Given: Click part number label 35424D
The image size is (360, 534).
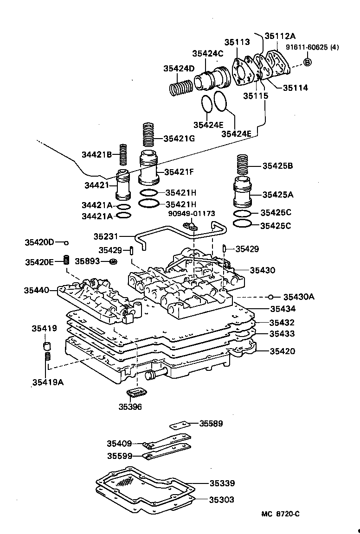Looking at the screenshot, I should coord(179,69).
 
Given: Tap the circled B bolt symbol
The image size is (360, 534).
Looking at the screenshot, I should coord(308,62).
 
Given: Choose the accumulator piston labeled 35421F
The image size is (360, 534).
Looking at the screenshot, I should coord(148,169).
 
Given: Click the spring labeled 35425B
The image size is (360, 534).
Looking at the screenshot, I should coord(243,165).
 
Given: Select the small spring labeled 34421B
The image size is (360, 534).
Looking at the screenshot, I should coord(123,154).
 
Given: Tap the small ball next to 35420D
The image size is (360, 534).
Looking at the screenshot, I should coord(66,242).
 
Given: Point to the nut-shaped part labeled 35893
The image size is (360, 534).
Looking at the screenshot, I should coord(113,262).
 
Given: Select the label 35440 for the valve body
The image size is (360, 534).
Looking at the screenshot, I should coord(36,291).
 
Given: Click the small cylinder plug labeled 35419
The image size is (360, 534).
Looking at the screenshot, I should coord(46,346).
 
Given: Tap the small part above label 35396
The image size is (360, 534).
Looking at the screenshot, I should coord(136,393).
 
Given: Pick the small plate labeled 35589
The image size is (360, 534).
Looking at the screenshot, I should coord(180,425).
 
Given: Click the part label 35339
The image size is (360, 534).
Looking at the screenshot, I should coord(221,483).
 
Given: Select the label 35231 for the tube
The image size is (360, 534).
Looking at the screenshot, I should coord(106,236).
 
